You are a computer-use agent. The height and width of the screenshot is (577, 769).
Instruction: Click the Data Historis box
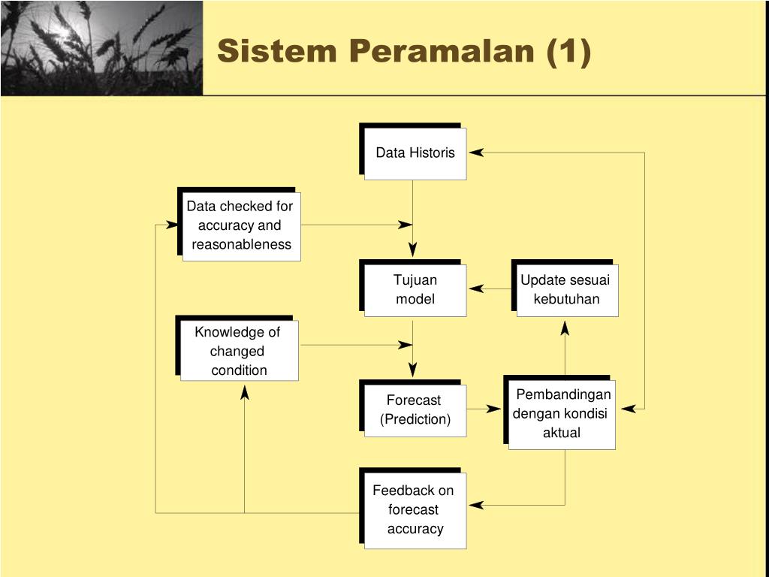[415, 153]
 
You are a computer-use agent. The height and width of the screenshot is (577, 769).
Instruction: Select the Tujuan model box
[415, 290]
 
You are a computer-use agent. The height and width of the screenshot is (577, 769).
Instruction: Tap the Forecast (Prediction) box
[415, 410]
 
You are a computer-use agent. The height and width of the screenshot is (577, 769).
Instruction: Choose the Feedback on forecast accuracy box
[415, 510]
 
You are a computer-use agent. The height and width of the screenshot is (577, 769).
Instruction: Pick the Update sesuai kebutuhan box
[566, 290]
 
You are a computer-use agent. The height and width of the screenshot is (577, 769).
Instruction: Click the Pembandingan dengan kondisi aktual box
[562, 414]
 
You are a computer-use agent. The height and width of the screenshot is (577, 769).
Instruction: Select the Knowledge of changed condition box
[239, 351]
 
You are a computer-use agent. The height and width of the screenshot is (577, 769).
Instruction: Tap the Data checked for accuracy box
[240, 225]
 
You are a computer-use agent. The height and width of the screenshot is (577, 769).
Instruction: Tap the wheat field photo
[101, 48]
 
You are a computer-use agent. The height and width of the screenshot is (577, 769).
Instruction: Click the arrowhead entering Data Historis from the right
[476, 153]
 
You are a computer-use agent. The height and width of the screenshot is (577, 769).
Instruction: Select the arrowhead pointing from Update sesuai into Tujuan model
[476, 288]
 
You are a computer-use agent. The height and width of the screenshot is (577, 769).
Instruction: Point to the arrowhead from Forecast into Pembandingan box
[493, 409]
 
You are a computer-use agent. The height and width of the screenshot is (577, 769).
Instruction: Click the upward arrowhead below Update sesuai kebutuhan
[565, 328]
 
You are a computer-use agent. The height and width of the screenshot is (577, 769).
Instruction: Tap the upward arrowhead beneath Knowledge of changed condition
[244, 392]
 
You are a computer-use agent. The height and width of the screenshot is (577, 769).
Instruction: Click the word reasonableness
[241, 244]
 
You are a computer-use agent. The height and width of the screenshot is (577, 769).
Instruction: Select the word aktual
[562, 433]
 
